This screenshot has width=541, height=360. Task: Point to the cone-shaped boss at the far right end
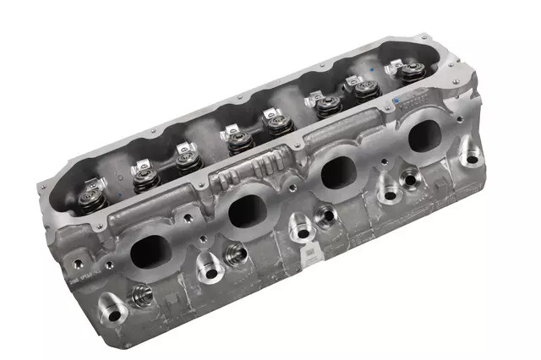(470, 155)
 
